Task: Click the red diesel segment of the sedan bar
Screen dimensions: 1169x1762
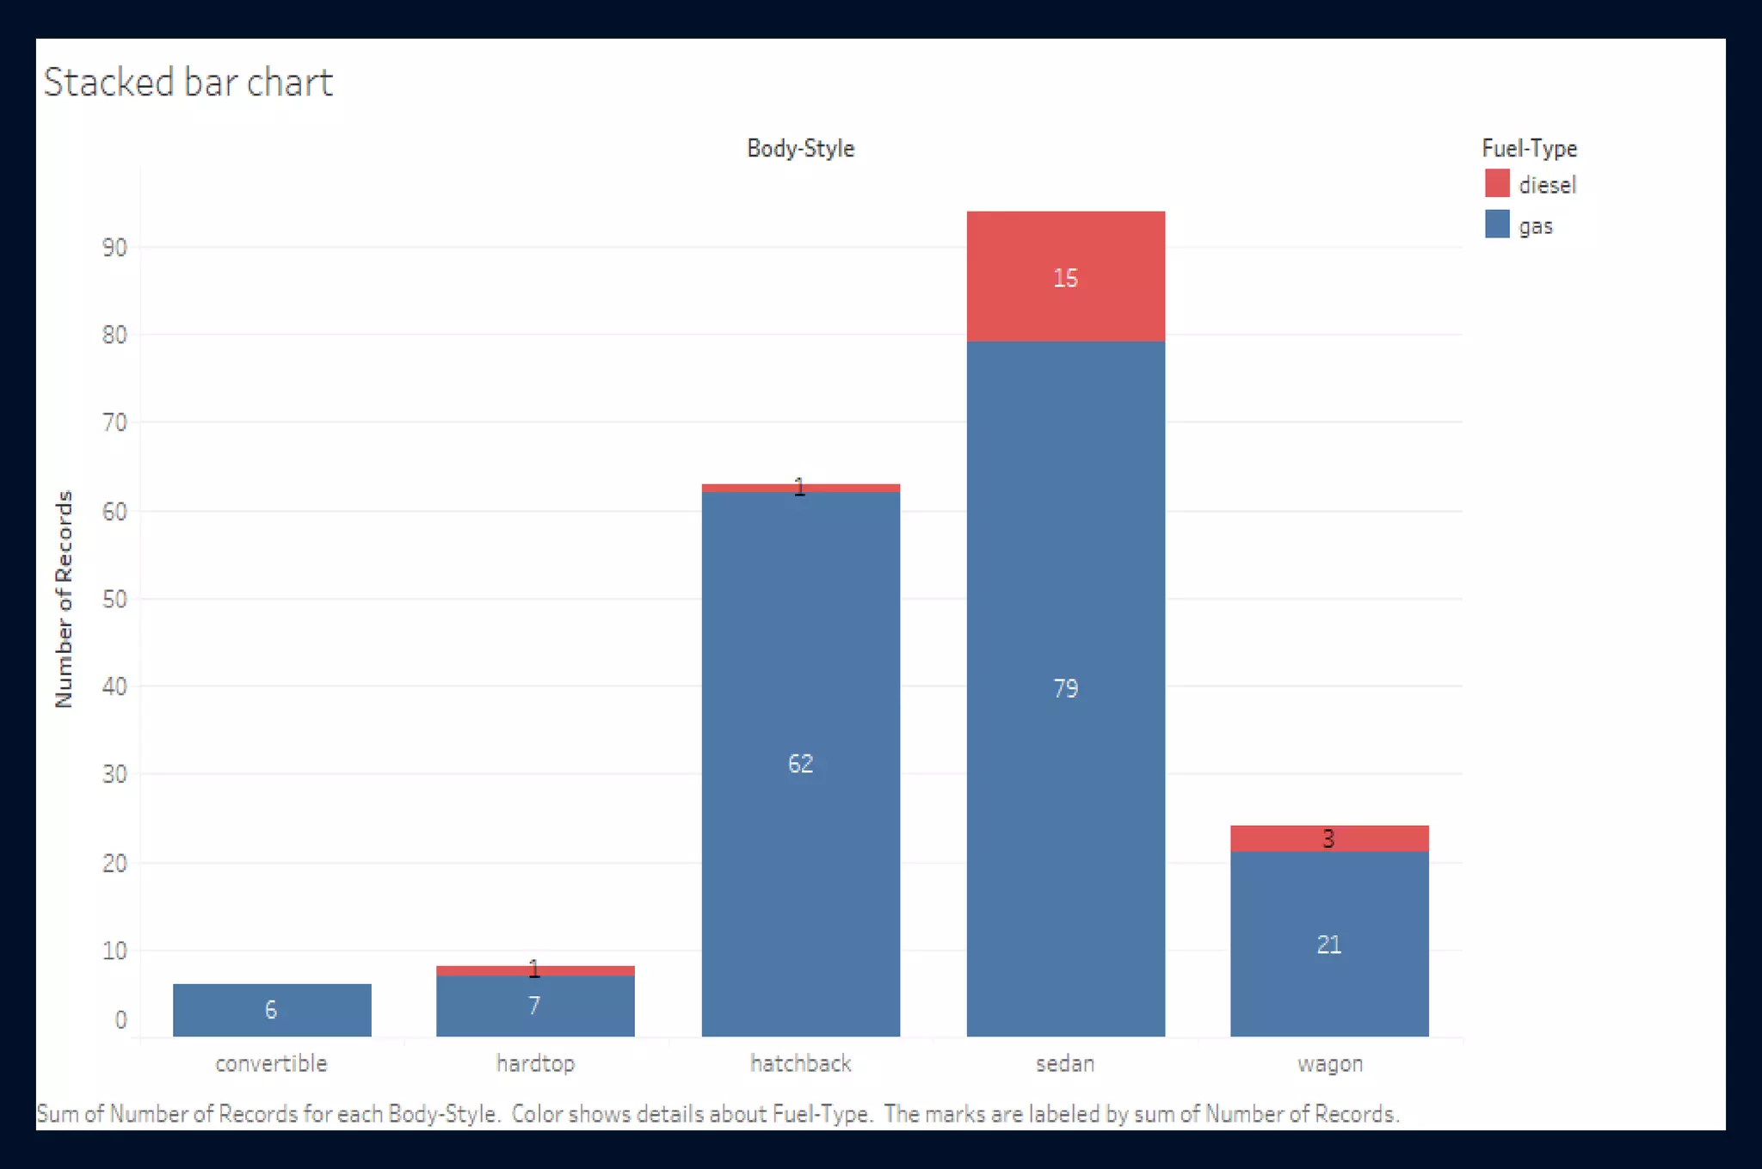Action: click(1065, 310)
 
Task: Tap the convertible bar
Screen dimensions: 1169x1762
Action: click(272, 1010)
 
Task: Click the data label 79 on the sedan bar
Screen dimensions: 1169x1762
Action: click(1065, 688)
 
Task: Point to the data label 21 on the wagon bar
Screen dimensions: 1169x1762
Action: click(1329, 944)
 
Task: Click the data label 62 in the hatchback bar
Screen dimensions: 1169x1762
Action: click(800, 763)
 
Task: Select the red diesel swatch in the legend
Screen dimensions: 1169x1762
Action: click(1497, 183)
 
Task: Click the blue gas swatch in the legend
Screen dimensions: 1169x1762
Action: click(1497, 225)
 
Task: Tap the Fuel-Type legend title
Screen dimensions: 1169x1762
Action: click(1529, 148)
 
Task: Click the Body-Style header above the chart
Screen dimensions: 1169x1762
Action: click(800, 148)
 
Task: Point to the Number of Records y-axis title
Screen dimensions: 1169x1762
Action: click(64, 599)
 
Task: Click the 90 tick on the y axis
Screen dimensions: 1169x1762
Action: click(114, 248)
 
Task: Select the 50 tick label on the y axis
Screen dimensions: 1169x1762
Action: click(114, 599)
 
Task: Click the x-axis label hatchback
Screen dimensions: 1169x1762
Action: click(800, 1063)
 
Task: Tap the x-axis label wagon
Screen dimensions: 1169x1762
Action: click(1329, 1063)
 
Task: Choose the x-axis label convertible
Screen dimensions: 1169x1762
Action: click(271, 1063)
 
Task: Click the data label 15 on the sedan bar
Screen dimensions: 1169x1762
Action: click(1065, 278)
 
